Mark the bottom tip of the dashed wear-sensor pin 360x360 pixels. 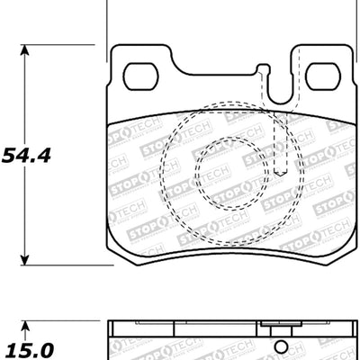click(281, 174)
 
